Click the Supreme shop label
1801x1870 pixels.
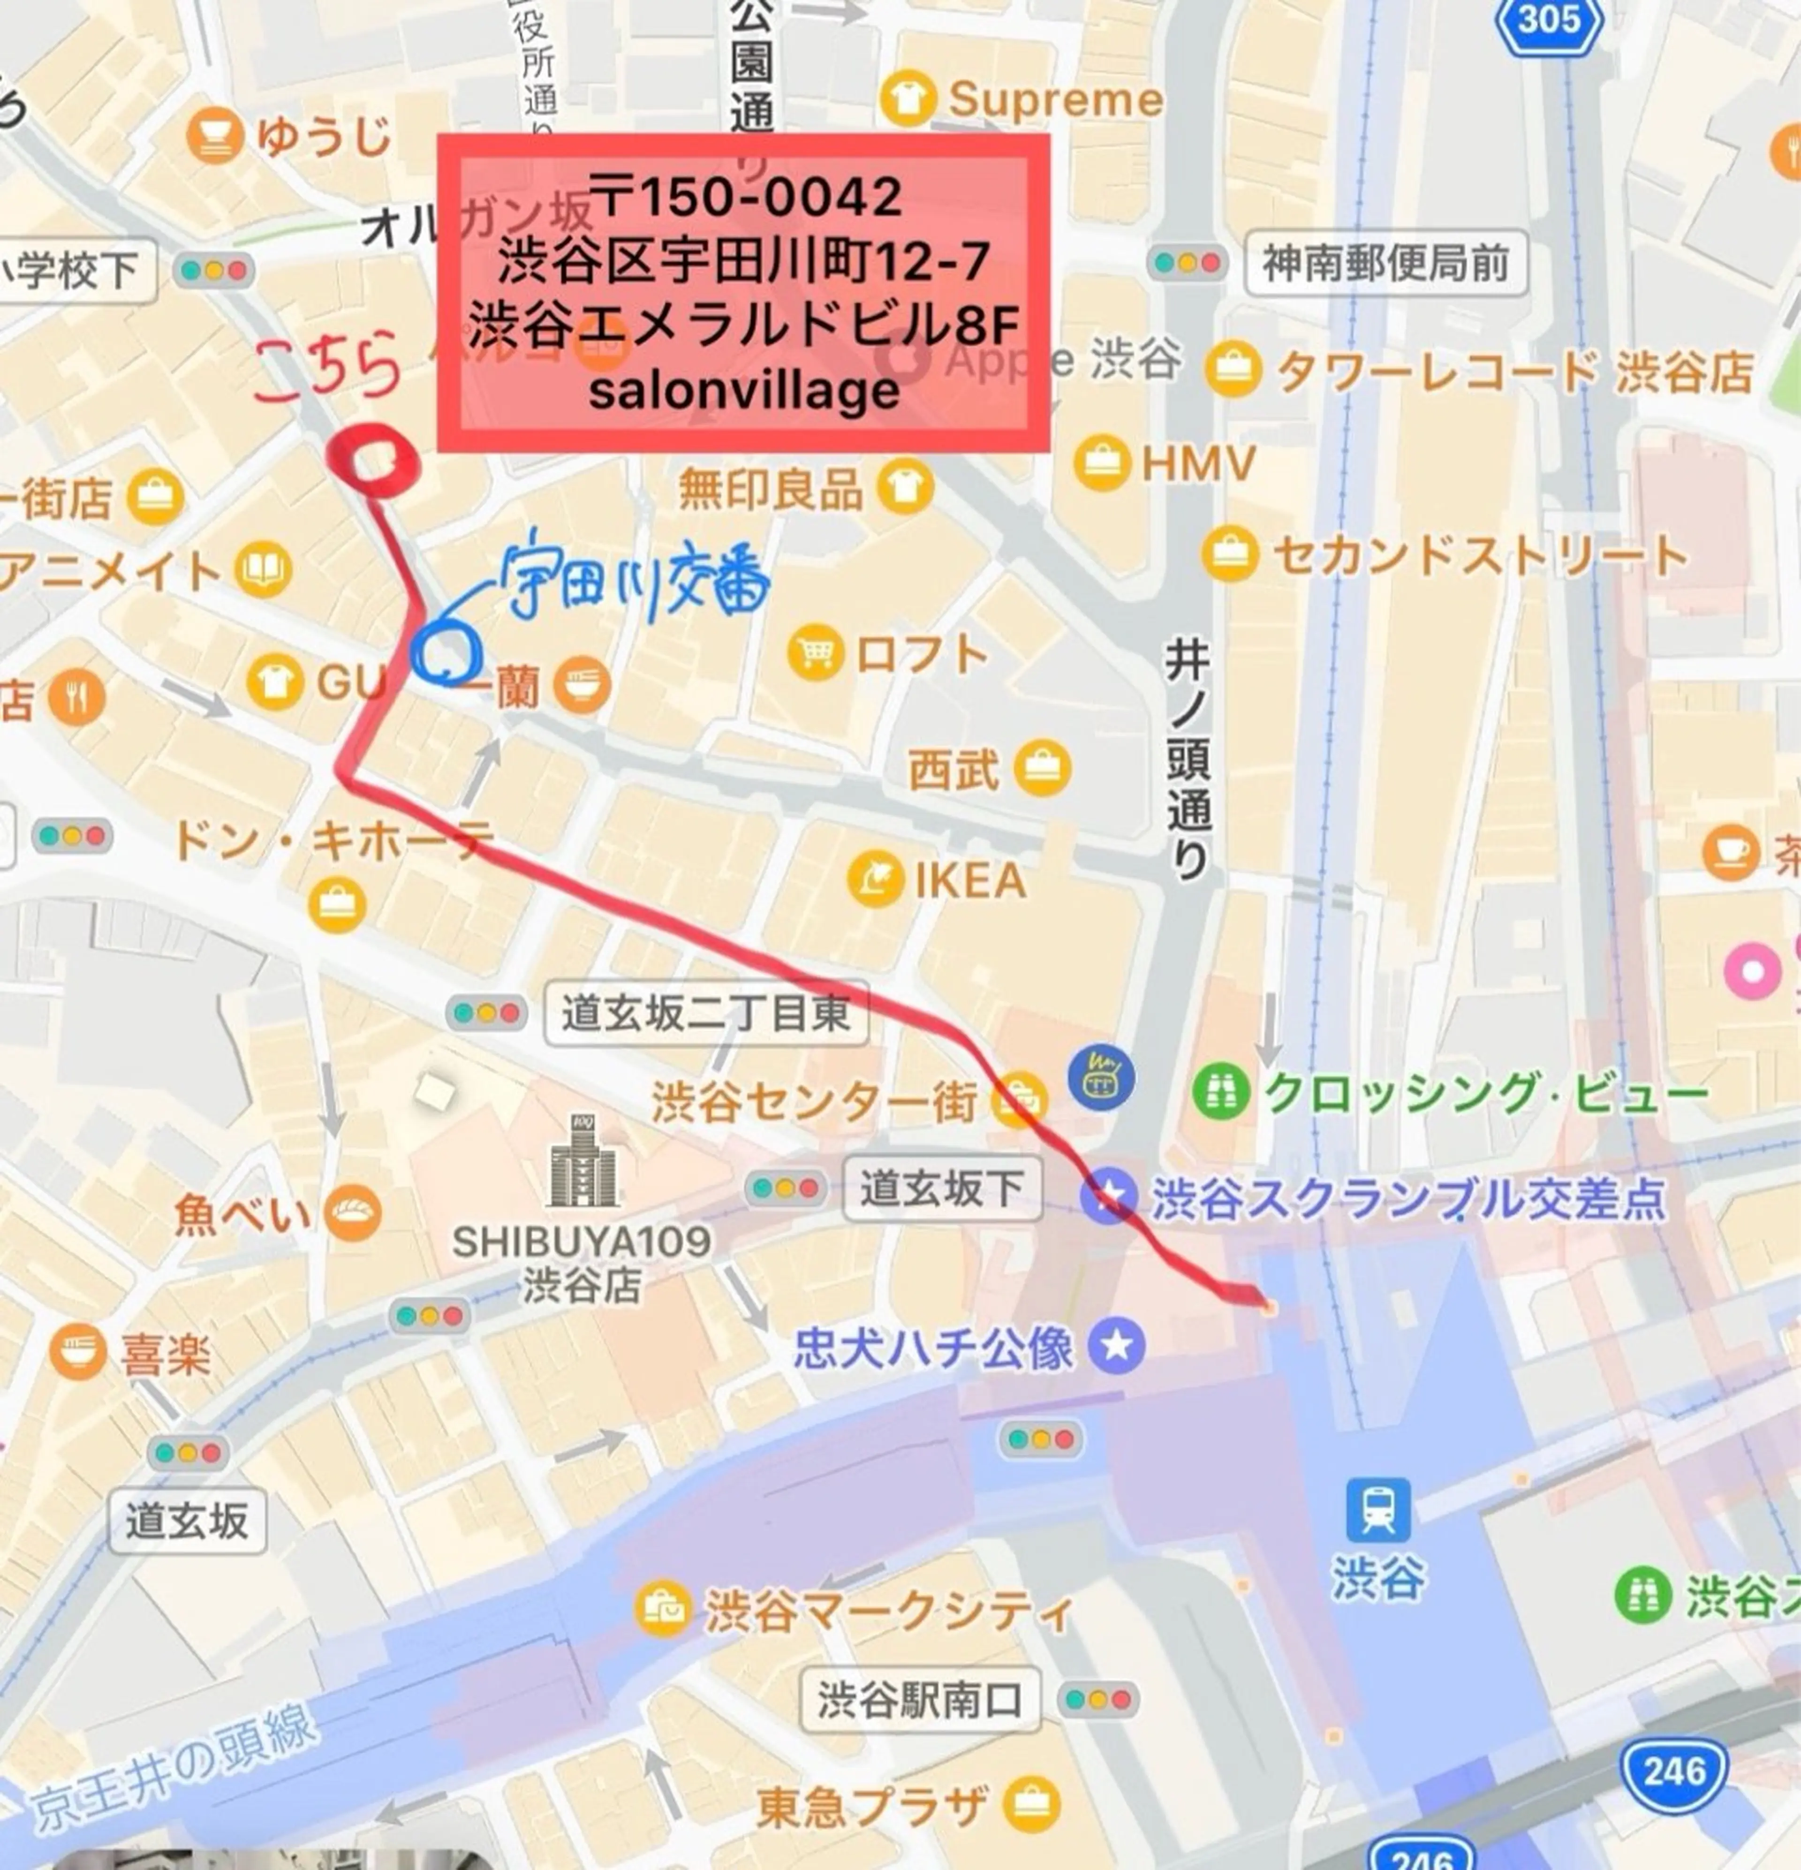point(1054,99)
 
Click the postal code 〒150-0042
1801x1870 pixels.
point(744,197)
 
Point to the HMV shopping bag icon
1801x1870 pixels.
point(1102,464)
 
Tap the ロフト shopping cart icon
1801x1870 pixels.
point(816,652)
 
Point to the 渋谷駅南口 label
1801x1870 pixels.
point(920,1699)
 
